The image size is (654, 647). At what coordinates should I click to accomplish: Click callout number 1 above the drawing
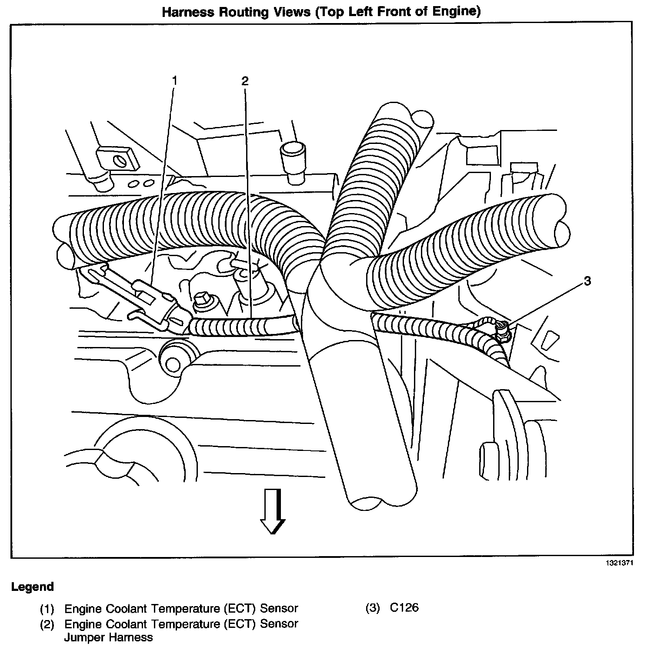(x=175, y=81)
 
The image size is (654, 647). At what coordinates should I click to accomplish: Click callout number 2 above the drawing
(x=245, y=81)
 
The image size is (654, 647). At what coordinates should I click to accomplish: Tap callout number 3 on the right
(x=587, y=281)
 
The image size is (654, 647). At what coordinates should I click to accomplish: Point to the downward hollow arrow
(x=272, y=511)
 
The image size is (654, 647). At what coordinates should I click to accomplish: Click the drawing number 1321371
(x=620, y=563)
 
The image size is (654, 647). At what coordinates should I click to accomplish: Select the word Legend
(x=33, y=587)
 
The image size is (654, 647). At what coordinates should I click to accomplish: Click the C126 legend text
(x=404, y=607)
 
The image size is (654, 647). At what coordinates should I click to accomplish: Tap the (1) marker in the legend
(x=47, y=608)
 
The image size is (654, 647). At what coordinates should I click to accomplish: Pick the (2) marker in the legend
(x=47, y=624)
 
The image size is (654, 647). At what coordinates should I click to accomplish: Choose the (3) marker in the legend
(x=373, y=608)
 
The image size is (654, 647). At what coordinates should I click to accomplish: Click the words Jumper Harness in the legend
(x=109, y=637)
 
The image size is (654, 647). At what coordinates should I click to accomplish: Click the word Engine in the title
(x=451, y=12)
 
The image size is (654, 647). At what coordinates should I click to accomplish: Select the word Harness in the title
(x=187, y=12)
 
